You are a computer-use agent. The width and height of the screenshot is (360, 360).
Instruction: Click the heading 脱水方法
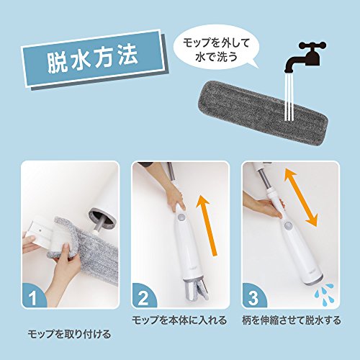(92, 59)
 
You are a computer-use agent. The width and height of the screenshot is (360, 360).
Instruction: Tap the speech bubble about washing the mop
(216, 51)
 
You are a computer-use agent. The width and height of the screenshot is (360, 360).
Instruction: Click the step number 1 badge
(33, 296)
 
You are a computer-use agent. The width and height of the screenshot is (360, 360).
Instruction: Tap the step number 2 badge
(143, 296)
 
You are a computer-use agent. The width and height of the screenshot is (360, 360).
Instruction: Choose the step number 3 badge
(253, 296)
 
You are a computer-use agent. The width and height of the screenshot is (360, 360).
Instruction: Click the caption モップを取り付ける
(69, 334)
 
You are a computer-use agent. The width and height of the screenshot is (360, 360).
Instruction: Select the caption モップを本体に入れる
(179, 320)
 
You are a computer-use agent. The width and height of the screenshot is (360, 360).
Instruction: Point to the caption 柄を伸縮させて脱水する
(292, 320)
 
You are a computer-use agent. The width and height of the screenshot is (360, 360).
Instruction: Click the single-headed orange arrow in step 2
(207, 225)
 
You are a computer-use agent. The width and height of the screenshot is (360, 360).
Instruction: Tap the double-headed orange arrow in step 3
(301, 197)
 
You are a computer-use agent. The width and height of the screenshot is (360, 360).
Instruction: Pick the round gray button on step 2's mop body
(181, 217)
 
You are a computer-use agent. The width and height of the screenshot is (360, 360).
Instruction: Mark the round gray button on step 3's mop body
(287, 225)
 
